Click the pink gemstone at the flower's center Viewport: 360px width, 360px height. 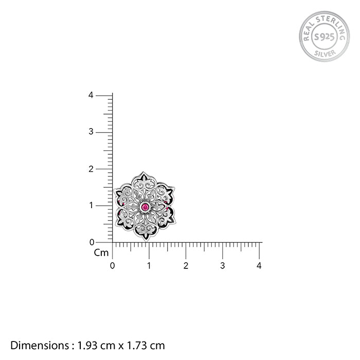click(145, 207)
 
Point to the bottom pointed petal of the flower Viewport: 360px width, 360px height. click(146, 231)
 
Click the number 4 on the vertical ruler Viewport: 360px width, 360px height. click(91, 95)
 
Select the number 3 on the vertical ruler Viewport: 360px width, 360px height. click(91, 132)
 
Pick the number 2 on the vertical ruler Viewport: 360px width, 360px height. click(91, 169)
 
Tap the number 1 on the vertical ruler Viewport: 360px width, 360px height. click(91, 205)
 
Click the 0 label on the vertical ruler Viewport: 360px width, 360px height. click(92, 242)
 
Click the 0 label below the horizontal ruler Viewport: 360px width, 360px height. click(112, 266)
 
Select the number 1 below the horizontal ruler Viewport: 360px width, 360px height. click(149, 266)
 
